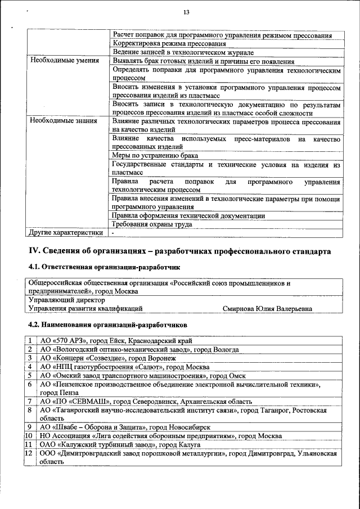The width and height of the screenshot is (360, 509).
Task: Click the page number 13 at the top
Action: coord(186,13)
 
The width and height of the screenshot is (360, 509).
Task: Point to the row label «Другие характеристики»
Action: coord(66,232)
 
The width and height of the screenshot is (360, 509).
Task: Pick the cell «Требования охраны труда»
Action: coord(152,224)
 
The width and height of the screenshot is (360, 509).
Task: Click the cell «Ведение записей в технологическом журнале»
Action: coord(182,52)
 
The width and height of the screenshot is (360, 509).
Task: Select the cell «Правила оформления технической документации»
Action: coord(188,215)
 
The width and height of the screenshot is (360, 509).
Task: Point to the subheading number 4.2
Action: coord(33,325)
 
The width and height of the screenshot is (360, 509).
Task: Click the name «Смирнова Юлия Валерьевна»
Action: coord(267,308)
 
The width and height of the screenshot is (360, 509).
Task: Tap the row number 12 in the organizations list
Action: coord(29,453)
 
